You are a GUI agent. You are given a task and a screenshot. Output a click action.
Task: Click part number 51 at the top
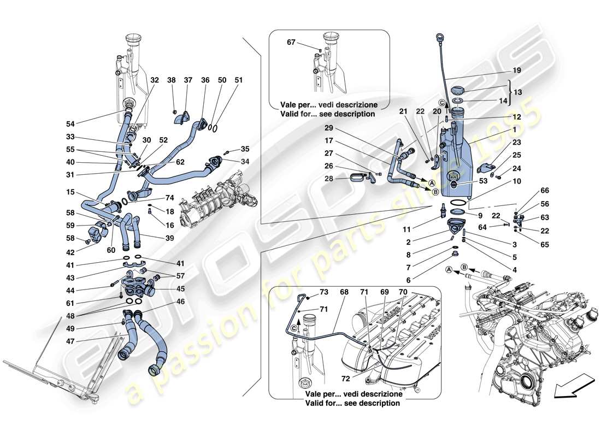pyautogui.click(x=238, y=80)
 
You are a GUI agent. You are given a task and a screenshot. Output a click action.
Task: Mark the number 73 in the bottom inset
pyautogui.click(x=324, y=292)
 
